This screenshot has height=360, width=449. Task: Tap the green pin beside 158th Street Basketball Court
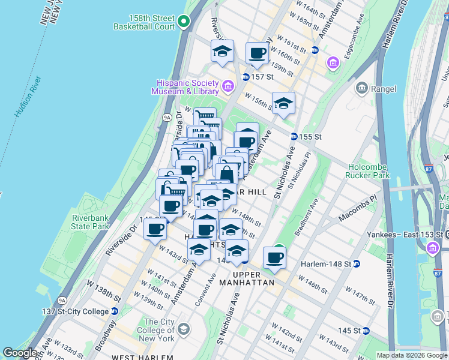[184, 23]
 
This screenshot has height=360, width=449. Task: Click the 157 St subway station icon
[246, 77]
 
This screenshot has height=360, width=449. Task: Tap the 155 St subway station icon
[294, 136]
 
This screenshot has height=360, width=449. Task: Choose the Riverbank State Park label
[90, 222]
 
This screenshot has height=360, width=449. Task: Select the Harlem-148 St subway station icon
[356, 263]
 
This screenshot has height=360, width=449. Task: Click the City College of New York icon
[183, 329]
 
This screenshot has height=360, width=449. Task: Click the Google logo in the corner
[19, 353]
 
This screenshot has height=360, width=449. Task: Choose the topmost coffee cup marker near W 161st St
[257, 53]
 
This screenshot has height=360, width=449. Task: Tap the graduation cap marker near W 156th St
[283, 103]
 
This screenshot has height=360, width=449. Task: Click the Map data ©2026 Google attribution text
[412, 355]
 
